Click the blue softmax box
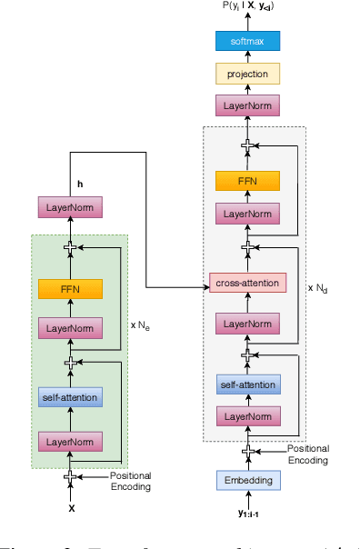(247, 41)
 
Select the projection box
(247, 74)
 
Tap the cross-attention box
(247, 283)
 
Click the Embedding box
(247, 481)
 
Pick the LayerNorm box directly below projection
(247, 106)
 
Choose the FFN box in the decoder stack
(247, 181)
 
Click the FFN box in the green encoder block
(70, 289)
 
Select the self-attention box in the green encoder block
(70, 396)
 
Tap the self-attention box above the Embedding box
(247, 385)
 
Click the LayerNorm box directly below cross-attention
(247, 323)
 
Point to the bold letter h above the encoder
(80, 185)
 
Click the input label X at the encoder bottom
(71, 510)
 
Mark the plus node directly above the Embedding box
(247, 451)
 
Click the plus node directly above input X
(70, 476)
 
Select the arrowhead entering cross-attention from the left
(205, 287)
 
